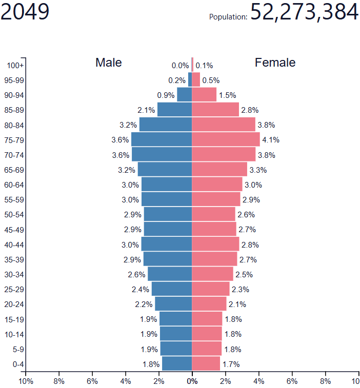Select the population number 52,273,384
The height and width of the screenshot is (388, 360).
click(x=304, y=12)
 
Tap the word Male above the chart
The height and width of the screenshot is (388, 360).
click(x=109, y=63)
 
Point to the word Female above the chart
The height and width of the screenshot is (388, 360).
click(x=275, y=63)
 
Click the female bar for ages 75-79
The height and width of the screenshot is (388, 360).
click(x=226, y=140)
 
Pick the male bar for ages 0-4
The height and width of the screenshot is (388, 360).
click(x=177, y=364)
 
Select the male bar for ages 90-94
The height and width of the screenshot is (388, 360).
click(x=185, y=95)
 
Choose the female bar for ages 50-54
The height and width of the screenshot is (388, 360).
click(x=213, y=214)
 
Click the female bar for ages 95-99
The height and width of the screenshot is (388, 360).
click(x=196, y=80)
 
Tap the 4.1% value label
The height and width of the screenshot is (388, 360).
click(x=271, y=140)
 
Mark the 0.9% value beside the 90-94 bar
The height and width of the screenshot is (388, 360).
click(x=166, y=95)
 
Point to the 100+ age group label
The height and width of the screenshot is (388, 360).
click(x=15, y=65)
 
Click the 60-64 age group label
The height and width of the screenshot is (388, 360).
click(x=14, y=185)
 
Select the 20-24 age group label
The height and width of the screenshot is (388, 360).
click(x=14, y=304)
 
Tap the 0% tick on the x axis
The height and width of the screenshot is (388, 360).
click(x=192, y=381)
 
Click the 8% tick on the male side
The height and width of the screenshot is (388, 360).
click(x=59, y=381)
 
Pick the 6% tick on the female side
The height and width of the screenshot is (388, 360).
click(x=292, y=381)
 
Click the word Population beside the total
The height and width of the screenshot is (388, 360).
click(x=228, y=17)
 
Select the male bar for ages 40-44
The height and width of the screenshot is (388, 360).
click(x=167, y=244)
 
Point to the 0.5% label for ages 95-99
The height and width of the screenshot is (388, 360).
click(x=211, y=80)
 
